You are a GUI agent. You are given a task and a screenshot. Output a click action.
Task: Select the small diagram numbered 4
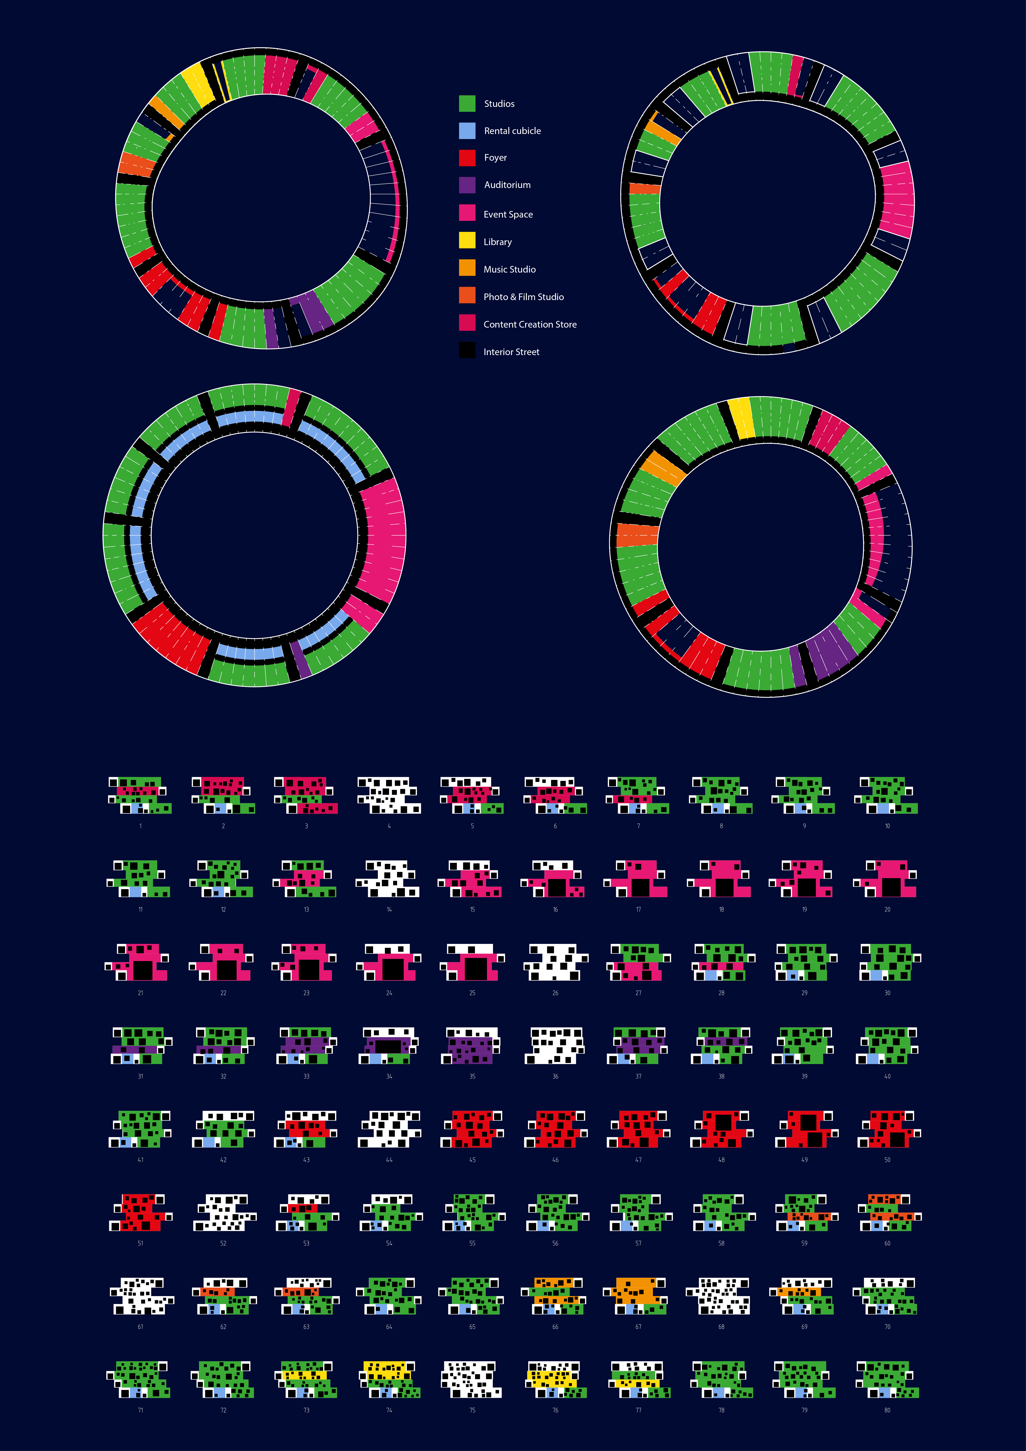[389, 795]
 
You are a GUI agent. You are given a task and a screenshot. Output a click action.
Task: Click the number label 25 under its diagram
[472, 993]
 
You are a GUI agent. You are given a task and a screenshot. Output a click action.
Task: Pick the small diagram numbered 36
[555, 1046]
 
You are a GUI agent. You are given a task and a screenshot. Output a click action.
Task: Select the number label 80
[887, 1410]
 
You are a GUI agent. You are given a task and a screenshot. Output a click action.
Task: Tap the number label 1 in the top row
[140, 826]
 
